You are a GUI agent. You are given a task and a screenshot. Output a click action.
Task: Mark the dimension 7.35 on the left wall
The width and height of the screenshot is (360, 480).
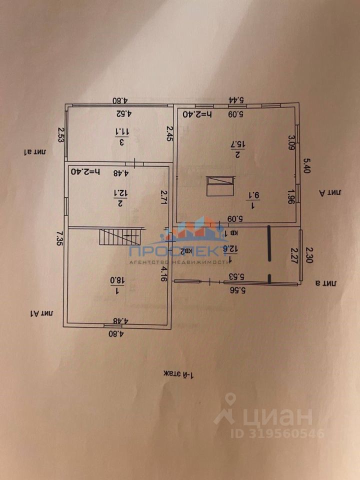[59, 239]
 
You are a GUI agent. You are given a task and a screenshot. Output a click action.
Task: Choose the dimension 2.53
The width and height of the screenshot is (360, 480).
[61, 135]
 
